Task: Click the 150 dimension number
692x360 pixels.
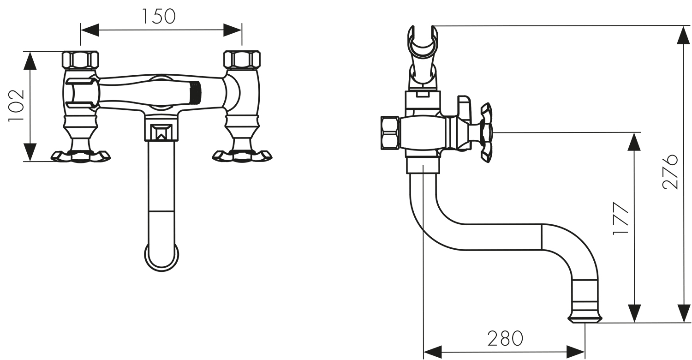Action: click(159, 16)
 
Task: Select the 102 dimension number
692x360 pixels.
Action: click(16, 106)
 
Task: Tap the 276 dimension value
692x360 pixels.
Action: click(670, 172)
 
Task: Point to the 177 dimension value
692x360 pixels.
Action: click(620, 218)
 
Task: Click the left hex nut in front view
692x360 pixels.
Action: click(80, 60)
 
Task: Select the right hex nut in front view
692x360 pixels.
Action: click(242, 60)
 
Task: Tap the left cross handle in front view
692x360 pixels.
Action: click(81, 156)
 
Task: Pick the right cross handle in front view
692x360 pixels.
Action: click(242, 156)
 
